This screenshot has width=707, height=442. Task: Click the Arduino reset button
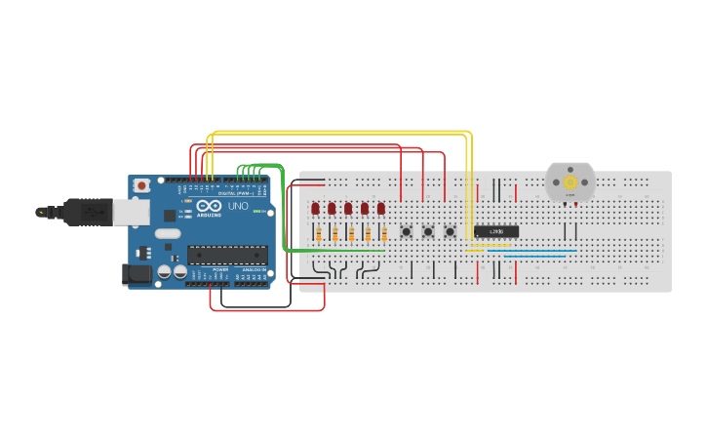(142, 185)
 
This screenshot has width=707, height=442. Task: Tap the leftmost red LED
(316, 209)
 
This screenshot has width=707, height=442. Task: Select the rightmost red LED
(381, 209)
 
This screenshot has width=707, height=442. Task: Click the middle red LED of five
(348, 209)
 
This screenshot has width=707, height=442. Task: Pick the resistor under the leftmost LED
(318, 233)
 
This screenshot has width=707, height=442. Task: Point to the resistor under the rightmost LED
(384, 233)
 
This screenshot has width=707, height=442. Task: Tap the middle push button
(427, 231)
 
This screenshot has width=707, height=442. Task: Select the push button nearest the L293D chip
(450, 231)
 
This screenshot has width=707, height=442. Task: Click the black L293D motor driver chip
(496, 231)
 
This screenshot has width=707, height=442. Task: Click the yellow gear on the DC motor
(570, 181)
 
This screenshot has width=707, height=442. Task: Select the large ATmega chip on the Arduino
(227, 255)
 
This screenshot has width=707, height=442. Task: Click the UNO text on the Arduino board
(238, 206)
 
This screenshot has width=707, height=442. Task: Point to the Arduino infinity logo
(209, 206)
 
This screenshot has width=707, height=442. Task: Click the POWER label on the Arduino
(220, 269)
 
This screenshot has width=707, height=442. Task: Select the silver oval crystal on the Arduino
(168, 233)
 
